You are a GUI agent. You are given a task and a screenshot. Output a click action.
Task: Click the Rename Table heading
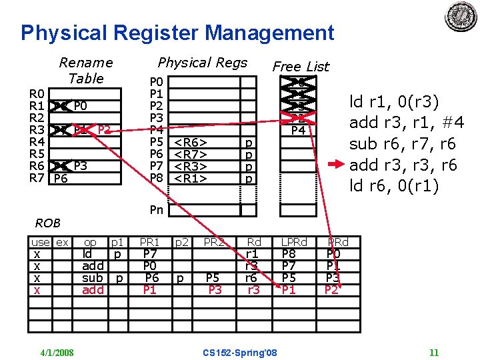(x=86, y=70)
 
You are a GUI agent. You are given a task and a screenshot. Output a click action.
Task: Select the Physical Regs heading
(x=202, y=63)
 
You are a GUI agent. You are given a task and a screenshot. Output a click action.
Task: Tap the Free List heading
(x=301, y=66)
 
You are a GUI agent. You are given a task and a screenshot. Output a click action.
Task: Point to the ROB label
(x=48, y=223)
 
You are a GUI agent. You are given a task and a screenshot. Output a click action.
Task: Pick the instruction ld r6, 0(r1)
(x=394, y=185)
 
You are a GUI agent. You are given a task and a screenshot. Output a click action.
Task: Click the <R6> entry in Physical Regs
(x=191, y=142)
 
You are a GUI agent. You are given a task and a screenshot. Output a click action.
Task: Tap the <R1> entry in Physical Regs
(x=191, y=178)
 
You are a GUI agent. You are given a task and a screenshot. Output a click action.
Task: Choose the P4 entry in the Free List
(x=297, y=130)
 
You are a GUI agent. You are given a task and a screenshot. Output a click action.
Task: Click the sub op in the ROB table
(x=92, y=277)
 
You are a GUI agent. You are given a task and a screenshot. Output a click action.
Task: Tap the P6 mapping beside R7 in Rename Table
(x=61, y=178)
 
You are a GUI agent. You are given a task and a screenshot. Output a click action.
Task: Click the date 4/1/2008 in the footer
(x=56, y=352)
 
